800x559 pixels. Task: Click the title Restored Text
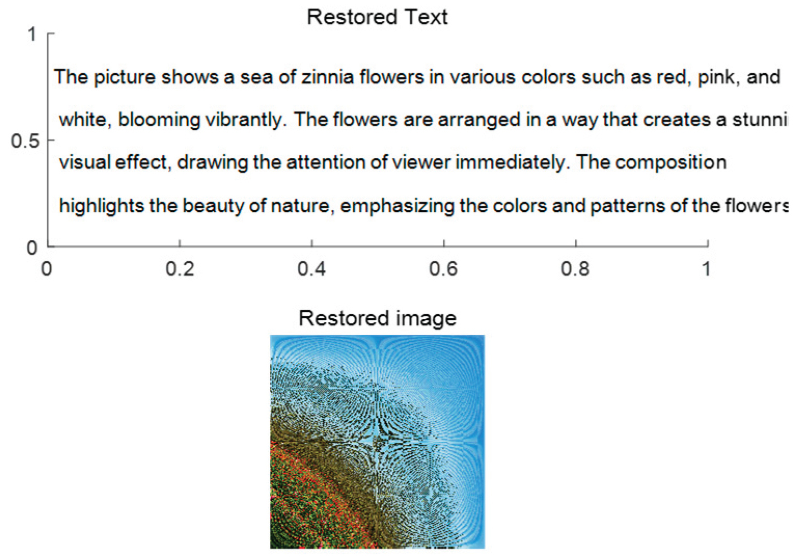377,17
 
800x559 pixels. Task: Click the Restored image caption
378,319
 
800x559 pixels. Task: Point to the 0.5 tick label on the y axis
25,141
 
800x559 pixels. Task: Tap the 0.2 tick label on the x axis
180,269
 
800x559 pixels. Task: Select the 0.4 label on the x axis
311,269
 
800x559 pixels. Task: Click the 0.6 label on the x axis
443,269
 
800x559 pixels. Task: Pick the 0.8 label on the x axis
575,269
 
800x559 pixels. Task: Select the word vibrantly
246,120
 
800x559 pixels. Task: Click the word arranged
479,120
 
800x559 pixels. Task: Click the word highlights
101,206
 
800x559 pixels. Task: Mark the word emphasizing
397,206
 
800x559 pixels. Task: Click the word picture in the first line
125,78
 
